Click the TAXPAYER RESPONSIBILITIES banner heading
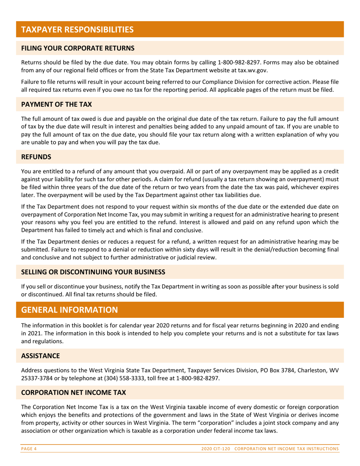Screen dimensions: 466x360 pyautogui.click(x=77, y=30)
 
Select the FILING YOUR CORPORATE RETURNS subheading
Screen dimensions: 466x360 pyautogui.click(x=78, y=48)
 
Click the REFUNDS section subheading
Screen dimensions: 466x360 pyautogui.click(x=36, y=156)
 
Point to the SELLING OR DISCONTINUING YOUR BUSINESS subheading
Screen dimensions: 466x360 pyautogui.click(x=93, y=272)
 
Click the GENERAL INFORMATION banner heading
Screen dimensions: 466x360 pyautogui.click(x=69, y=310)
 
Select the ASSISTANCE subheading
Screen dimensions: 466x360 pyautogui.click(x=41, y=356)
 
